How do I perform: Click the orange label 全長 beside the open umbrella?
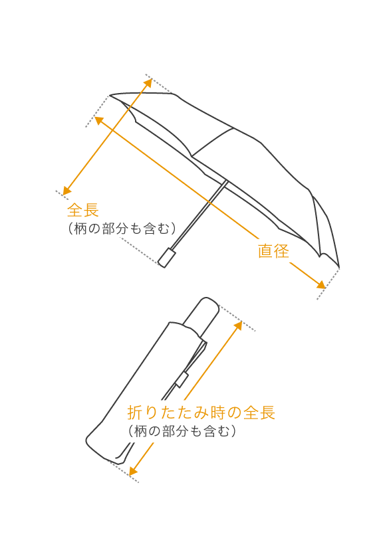(83, 210)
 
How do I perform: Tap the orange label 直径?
(273, 251)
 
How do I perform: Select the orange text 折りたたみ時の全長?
(201, 413)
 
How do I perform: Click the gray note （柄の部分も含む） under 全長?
(122, 229)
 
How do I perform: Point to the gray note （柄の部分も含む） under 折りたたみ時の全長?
(182, 431)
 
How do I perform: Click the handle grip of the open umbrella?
(167, 258)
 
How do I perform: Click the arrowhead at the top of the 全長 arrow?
(148, 82)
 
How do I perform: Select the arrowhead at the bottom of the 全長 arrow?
(66, 191)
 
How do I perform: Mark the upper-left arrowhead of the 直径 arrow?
(98, 120)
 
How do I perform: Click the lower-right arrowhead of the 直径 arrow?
(321, 285)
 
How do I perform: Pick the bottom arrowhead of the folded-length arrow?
(132, 471)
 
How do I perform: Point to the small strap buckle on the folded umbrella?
(182, 379)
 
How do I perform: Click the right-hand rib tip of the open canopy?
(339, 267)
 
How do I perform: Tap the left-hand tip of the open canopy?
(110, 96)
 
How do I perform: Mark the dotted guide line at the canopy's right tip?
(328, 284)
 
